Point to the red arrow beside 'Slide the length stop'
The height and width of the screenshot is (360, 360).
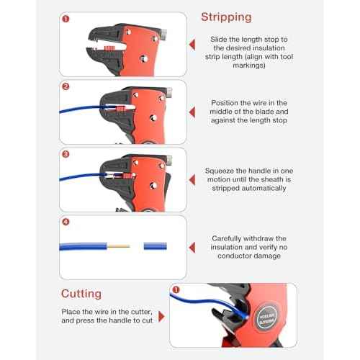click(x=192, y=45)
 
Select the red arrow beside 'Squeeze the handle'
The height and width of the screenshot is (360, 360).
click(x=192, y=178)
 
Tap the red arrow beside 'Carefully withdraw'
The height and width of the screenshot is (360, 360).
click(x=192, y=245)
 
